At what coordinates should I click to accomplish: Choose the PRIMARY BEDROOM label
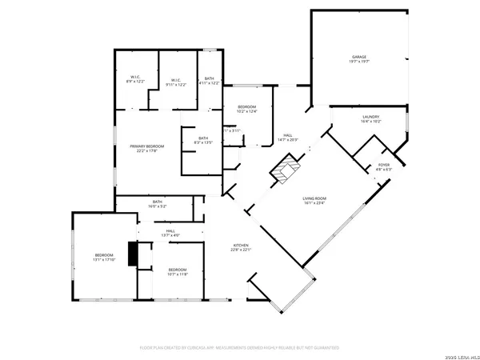click(x=148, y=148)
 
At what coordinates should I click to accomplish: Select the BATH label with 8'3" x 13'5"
click(x=204, y=141)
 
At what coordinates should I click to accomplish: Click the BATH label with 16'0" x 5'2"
click(x=158, y=203)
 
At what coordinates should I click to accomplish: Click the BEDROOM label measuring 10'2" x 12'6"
click(x=246, y=109)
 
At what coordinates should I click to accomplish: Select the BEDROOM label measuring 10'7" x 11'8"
click(x=177, y=272)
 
